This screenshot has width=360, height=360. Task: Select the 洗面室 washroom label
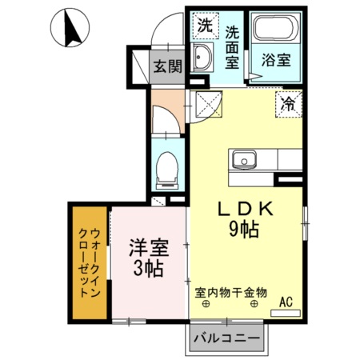tap(232, 47)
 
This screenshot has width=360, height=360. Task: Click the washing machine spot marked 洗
tap(205, 25)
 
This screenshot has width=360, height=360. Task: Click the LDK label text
tap(247, 208)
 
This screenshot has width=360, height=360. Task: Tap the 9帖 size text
tap(244, 231)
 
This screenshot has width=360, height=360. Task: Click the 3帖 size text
tap(149, 269)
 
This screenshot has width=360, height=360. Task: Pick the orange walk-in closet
tap(90, 262)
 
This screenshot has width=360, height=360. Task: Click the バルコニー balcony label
tap(228, 338)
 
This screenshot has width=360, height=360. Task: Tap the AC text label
tap(286, 301)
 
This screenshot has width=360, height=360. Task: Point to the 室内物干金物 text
tap(231, 293)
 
